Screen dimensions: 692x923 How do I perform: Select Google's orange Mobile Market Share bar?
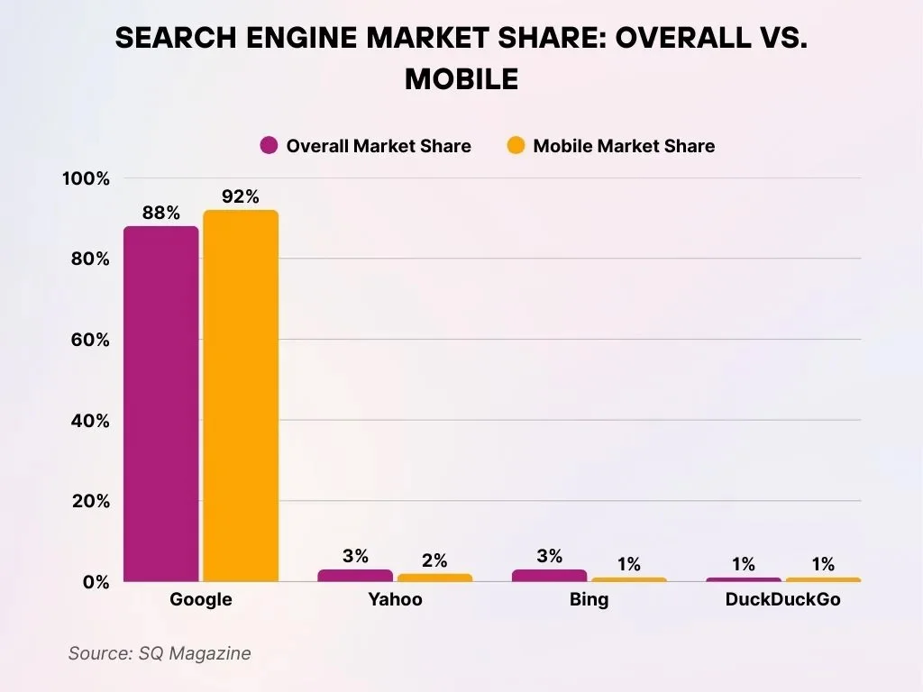coord(241,396)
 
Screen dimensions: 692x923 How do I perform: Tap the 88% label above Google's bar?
coord(160,214)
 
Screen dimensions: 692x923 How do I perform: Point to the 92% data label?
coord(241,197)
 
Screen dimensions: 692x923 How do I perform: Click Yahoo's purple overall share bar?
coord(355,575)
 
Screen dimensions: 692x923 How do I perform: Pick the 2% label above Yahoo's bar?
coord(434,560)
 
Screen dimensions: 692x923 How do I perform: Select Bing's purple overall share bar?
coord(549,575)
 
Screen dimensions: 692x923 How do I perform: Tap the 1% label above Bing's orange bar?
coord(628,565)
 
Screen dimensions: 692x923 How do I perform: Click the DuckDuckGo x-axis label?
coord(782,600)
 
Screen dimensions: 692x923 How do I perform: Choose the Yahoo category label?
coord(395,600)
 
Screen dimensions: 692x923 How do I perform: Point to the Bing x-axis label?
coord(589,600)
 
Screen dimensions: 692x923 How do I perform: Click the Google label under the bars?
coord(200,600)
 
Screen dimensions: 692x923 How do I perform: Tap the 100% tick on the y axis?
coord(86,178)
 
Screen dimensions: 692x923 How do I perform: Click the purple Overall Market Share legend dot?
coord(269,146)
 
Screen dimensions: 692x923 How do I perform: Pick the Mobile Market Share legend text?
coord(624,146)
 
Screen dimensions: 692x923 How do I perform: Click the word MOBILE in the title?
coord(461,79)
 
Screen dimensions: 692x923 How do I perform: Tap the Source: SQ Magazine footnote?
coord(160,653)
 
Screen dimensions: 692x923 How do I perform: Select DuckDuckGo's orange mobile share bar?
coord(823,579)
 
